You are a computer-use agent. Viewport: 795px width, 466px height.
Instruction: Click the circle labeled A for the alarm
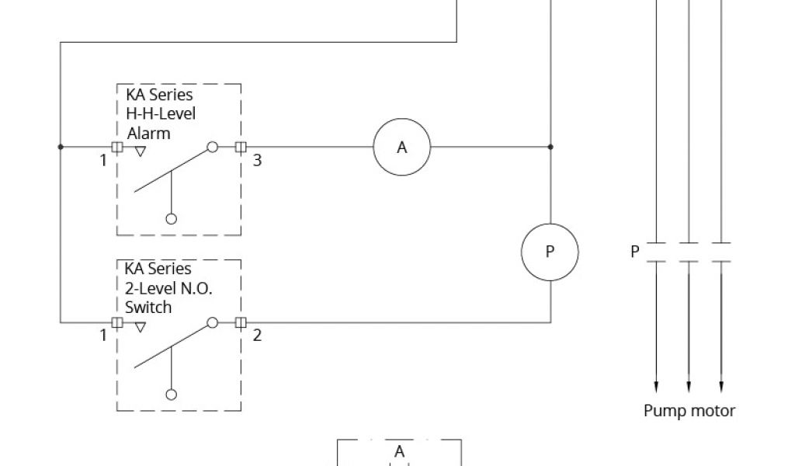[x=401, y=147]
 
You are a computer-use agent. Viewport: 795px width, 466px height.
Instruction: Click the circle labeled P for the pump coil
[x=550, y=252]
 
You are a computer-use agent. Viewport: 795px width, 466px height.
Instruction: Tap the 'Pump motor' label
[x=689, y=411]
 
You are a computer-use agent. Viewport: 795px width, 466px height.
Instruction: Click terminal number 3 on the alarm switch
[x=258, y=161]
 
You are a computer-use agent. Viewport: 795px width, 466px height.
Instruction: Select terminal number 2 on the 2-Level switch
[x=258, y=336]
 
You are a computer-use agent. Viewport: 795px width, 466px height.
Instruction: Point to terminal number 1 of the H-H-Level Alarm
[x=102, y=161]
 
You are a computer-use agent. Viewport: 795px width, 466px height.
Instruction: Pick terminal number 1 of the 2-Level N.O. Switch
[x=102, y=336]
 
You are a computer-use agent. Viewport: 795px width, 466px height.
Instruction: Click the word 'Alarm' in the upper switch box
[x=148, y=133]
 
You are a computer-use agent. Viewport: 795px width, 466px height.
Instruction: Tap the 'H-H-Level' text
[x=161, y=114]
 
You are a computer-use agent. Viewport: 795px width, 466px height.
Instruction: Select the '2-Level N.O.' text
[x=168, y=288]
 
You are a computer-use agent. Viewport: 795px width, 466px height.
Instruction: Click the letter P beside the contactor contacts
[x=634, y=252]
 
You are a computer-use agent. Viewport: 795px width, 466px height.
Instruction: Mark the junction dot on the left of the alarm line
[x=61, y=146]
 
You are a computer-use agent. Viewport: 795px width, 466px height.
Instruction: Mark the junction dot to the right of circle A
[x=550, y=146]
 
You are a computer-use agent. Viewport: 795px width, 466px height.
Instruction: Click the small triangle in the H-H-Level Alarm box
[x=140, y=152]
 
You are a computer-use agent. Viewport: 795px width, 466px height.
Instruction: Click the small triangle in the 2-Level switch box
[x=140, y=327]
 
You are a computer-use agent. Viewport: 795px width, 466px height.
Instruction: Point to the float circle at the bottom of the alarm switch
[x=172, y=219]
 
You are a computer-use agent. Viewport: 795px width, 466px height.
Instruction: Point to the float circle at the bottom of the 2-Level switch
[x=172, y=394]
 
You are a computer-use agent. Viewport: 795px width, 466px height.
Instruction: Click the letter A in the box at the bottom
[x=399, y=451]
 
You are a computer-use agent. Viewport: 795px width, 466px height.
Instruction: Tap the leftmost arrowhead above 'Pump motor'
[x=656, y=385]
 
